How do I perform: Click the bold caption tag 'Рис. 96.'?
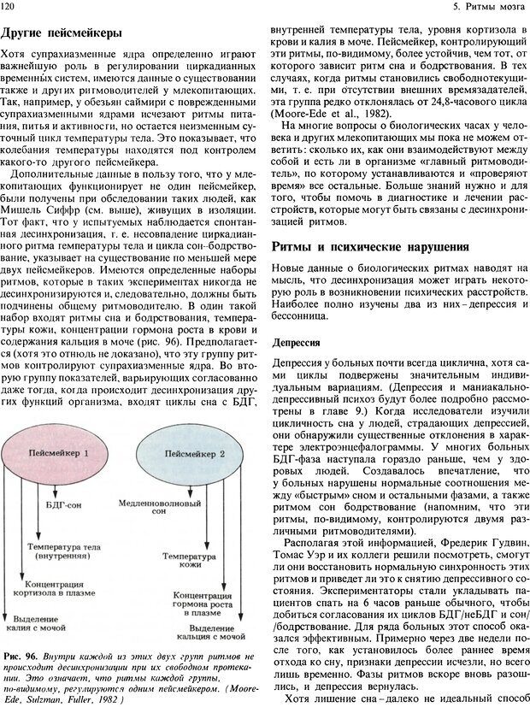(19, 655)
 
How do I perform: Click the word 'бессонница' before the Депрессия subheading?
(298, 315)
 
